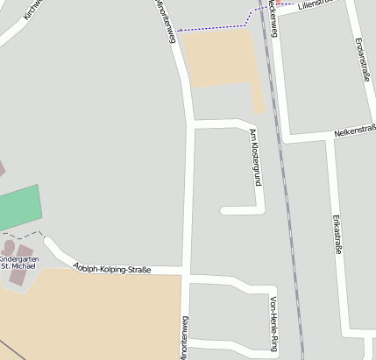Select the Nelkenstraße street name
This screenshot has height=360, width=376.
pos(354,132)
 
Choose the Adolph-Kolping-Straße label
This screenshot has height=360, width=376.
pos(112,268)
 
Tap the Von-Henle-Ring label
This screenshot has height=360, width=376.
pos(274,325)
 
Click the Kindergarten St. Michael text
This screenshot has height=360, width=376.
pos(18,262)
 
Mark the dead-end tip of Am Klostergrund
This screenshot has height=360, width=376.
pos(224,210)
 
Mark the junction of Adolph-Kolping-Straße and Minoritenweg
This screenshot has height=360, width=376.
pos(187,273)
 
